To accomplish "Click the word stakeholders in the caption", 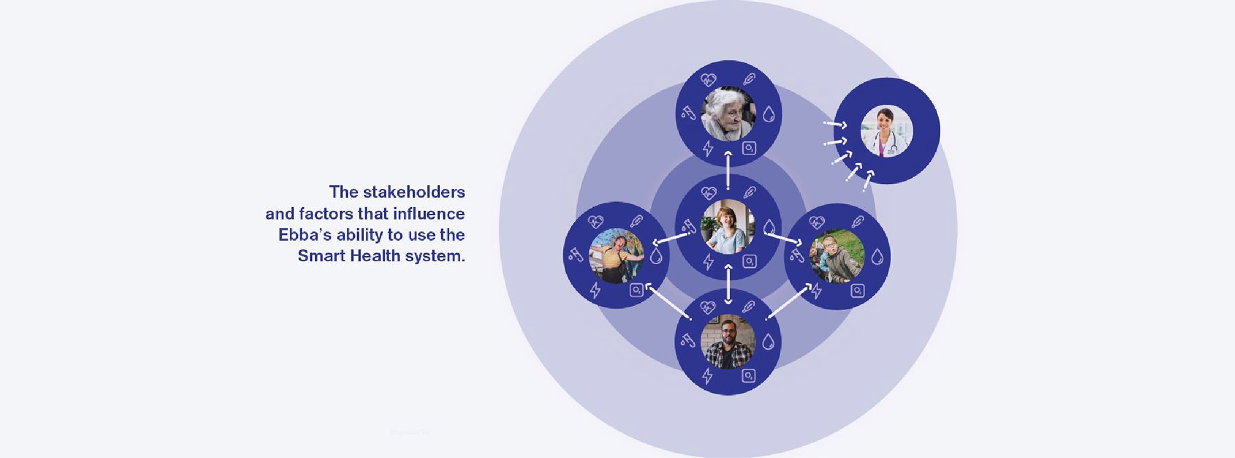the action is pos(414,192).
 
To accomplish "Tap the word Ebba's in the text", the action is pos(304,235).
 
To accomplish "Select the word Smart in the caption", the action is pos(320,256).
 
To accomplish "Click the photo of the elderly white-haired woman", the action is pos(728,113).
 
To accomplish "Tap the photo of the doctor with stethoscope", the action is pos(886,131).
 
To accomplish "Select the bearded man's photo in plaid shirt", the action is pos(727,342).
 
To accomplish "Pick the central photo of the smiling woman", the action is pos(728,227).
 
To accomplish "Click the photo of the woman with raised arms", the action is pos(616,255).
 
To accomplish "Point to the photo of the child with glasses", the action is pos(836,256).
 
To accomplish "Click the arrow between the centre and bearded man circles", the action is pos(728,284).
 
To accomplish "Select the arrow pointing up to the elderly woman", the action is pos(728,170).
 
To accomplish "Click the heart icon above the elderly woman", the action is pos(708,80).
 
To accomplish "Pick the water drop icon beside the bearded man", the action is pos(768,342).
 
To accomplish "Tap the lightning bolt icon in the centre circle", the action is pos(708,262).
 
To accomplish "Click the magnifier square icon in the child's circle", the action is pos(857,291).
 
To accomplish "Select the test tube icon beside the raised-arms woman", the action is pos(575,255).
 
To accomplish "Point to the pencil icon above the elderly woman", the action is pos(749,79).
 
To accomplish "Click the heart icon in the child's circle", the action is pos(817,223).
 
